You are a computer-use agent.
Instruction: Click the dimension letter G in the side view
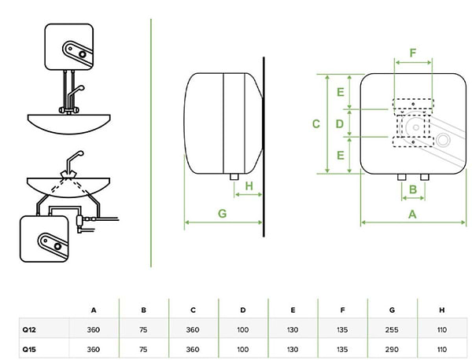(223, 213)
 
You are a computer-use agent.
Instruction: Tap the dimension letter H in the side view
(249, 186)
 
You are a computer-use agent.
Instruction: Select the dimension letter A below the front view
(411, 213)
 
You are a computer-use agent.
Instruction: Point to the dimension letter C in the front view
(315, 123)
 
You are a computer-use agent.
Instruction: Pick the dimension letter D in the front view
(340, 123)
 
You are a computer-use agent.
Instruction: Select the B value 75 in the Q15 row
(143, 348)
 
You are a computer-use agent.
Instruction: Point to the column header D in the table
(244, 310)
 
